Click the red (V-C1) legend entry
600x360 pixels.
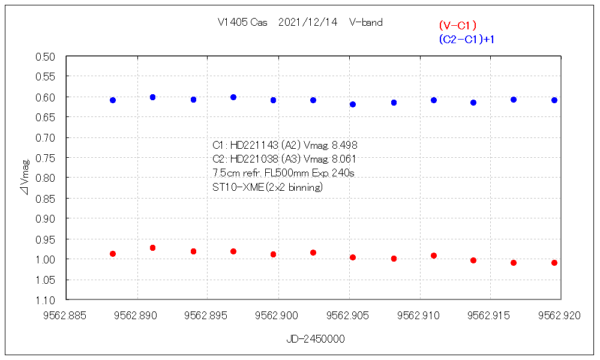457,25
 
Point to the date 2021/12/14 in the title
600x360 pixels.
308,23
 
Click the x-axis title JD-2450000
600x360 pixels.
316,339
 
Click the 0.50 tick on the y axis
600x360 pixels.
46,57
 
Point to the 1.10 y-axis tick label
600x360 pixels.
46,299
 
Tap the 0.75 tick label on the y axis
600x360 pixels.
46,158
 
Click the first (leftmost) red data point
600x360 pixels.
113,254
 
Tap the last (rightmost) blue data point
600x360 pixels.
554,100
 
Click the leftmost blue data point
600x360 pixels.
113,100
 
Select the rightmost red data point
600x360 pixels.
554,263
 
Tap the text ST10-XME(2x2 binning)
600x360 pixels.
268,187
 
